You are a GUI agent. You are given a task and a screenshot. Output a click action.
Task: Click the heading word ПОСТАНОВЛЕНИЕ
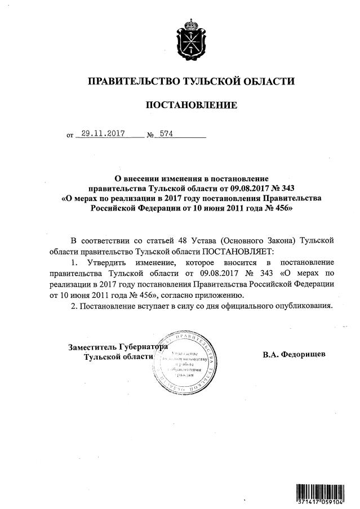pyautogui.click(x=191, y=105)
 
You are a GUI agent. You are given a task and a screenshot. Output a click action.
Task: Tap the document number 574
pyautogui.click(x=167, y=135)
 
